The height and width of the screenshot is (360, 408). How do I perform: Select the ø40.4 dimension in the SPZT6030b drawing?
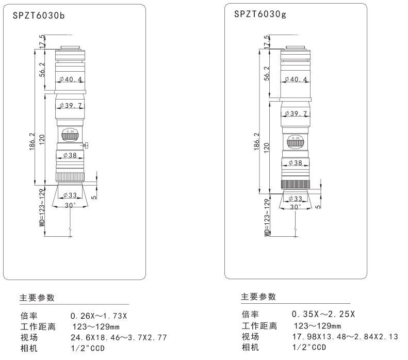click(x=71, y=79)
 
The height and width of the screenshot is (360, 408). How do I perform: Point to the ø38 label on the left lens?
click(x=70, y=155)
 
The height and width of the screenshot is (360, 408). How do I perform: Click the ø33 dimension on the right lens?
click(x=296, y=198)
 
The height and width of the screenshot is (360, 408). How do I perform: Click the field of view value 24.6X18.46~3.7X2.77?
click(x=119, y=338)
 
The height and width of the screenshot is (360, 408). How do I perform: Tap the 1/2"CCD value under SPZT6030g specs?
click(x=309, y=347)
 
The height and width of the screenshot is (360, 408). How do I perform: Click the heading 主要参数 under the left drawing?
click(x=37, y=298)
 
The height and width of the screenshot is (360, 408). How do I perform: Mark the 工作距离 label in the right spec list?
click(x=259, y=325)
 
